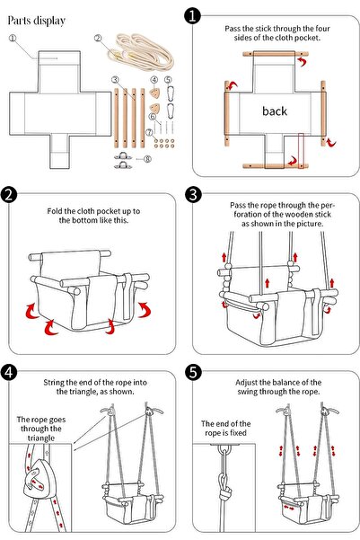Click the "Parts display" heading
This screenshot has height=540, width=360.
37,21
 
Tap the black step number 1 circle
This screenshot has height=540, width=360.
192,16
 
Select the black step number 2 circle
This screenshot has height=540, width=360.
9,194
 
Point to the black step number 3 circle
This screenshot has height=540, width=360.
192,194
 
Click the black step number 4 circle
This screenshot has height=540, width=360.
9,372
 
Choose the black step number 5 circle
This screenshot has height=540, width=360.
192,372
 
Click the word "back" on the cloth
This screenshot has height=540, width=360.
275,111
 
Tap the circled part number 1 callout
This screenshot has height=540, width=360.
13,39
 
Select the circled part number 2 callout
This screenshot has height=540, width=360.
98,38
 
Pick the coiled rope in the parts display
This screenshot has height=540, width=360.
140,51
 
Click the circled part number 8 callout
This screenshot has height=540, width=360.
147,159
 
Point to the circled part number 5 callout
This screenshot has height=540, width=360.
168,80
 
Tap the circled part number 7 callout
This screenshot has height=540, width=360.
149,132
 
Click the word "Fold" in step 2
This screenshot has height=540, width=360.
55,211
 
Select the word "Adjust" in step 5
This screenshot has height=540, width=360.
246,382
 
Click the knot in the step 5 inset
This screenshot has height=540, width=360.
225,494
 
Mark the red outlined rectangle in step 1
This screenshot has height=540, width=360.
301,151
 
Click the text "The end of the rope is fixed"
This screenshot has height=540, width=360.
225,428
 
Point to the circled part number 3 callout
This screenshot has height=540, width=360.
115,80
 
